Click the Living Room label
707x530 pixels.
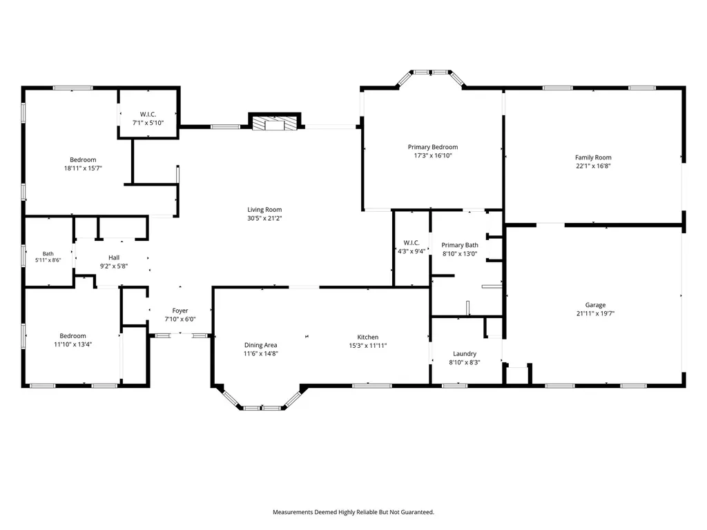pyautogui.click(x=264, y=210)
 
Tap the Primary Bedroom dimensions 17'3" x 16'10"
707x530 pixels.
pyautogui.click(x=433, y=155)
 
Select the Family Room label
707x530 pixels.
pyautogui.click(x=593, y=157)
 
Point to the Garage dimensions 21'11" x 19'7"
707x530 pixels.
pyautogui.click(x=595, y=313)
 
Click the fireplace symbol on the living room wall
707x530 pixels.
pyautogui.click(x=275, y=124)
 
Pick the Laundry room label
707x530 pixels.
pyautogui.click(x=465, y=354)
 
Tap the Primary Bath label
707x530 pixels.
pyautogui.click(x=459, y=245)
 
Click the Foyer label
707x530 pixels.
pyautogui.click(x=180, y=311)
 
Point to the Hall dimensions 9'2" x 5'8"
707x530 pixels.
pyautogui.click(x=114, y=266)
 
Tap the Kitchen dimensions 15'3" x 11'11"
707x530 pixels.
pyautogui.click(x=368, y=346)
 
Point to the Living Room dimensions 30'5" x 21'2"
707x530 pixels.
pyautogui.click(x=264, y=218)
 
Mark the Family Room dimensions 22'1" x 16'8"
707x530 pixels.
pyautogui.click(x=593, y=166)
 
